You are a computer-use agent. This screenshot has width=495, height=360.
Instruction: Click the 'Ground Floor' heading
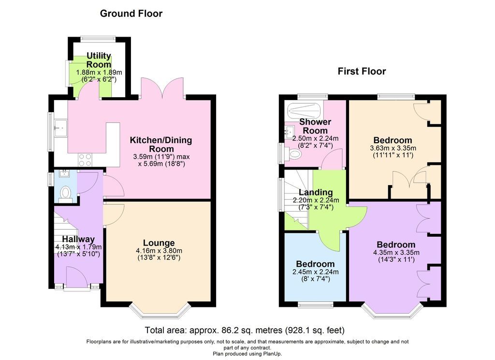click(x=131, y=14)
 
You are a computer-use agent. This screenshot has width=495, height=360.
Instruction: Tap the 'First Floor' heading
click(x=362, y=72)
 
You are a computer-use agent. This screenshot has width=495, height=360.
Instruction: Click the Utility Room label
click(x=99, y=60)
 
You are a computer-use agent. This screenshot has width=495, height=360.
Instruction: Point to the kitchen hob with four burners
click(x=85, y=159)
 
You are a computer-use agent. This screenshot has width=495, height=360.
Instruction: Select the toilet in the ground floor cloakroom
click(x=66, y=194)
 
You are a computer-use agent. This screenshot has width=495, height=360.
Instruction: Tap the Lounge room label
click(x=159, y=243)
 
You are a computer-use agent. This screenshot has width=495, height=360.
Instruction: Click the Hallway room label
click(x=78, y=239)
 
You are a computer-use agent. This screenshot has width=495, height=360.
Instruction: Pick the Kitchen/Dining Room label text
click(x=161, y=144)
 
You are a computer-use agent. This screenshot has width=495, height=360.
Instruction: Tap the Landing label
click(x=316, y=192)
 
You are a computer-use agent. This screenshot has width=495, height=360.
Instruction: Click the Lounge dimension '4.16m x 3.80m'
click(x=159, y=251)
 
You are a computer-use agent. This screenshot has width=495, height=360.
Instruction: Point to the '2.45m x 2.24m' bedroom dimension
click(x=315, y=272)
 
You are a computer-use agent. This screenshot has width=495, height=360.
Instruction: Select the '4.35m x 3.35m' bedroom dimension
click(x=396, y=252)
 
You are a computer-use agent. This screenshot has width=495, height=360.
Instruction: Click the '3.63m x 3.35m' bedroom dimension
click(x=393, y=148)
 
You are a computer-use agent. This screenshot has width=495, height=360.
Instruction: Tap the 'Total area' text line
click(x=245, y=330)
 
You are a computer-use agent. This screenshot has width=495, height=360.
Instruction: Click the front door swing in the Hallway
click(x=77, y=276)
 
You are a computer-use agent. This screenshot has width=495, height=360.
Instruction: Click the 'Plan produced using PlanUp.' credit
click(x=247, y=354)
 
